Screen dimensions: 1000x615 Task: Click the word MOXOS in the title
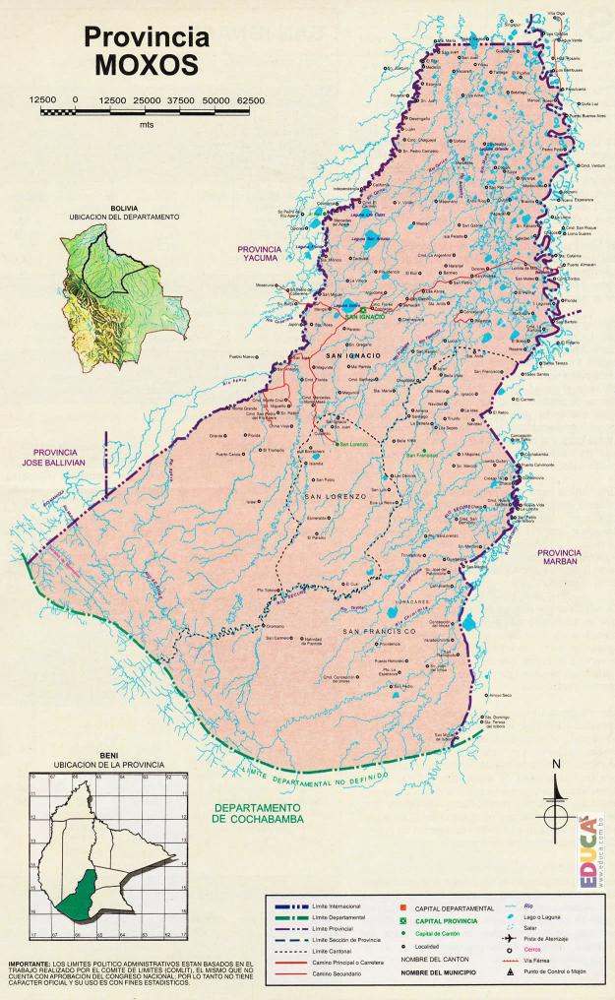[x=147, y=64]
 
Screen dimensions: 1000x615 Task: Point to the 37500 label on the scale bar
[x=181, y=100]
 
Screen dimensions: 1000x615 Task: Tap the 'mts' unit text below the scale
[x=147, y=125]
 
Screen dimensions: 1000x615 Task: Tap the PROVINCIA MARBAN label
[x=567, y=557]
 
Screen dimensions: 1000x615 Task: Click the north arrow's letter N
[x=556, y=765]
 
